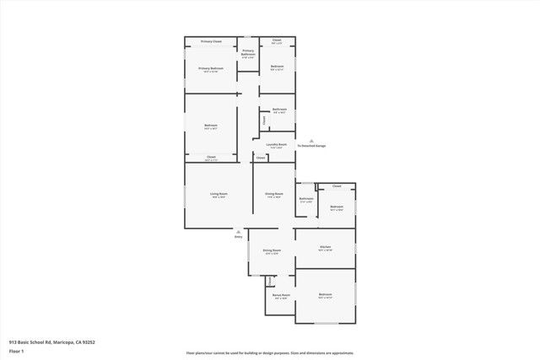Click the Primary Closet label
pos(211,40)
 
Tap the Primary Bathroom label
pos(248,53)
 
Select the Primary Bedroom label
pos(211,68)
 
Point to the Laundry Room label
pos(278,145)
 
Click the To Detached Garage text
pos(311,146)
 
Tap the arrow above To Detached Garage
pos(311,140)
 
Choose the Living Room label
pos(219,194)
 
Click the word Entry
pos(239,237)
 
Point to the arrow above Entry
pos(239,231)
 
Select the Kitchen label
pos(325,246)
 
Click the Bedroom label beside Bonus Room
pos(325,294)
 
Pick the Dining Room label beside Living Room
pos(273,194)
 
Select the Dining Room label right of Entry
pos(271,250)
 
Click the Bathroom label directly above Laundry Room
pos(279,109)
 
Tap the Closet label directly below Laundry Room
pos(262,158)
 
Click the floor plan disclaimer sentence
pos(270,353)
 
